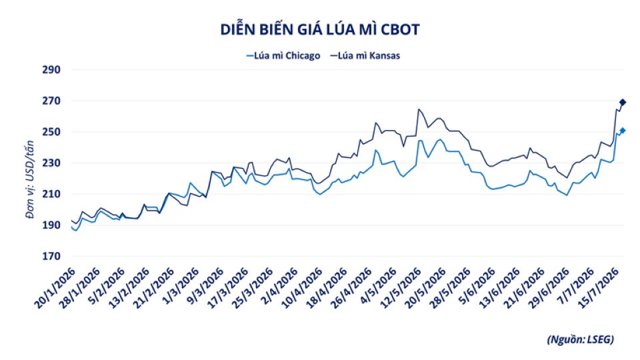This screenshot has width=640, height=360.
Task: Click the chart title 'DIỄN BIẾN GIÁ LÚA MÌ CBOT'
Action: coord(320,29)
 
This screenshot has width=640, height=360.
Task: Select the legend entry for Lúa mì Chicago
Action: coord(283,55)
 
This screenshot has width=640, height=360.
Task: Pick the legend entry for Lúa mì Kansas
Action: coord(365,55)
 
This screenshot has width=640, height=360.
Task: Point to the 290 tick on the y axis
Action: coord(51,70)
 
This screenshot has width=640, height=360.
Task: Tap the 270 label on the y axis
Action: coord(51,101)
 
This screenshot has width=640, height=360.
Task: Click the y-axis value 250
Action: coord(51,132)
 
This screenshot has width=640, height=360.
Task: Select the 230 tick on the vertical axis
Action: coord(51,163)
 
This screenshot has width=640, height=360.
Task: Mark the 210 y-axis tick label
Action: coord(51,194)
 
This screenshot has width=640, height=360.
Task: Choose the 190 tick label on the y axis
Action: coord(51,225)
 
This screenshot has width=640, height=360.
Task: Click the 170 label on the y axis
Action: coord(51,256)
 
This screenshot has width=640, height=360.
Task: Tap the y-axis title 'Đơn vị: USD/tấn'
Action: coord(30,179)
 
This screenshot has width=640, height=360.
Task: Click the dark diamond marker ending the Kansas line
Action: coord(623,102)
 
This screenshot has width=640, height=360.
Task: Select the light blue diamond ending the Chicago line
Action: coord(623,131)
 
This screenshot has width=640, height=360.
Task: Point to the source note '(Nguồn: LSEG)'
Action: coord(581,339)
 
